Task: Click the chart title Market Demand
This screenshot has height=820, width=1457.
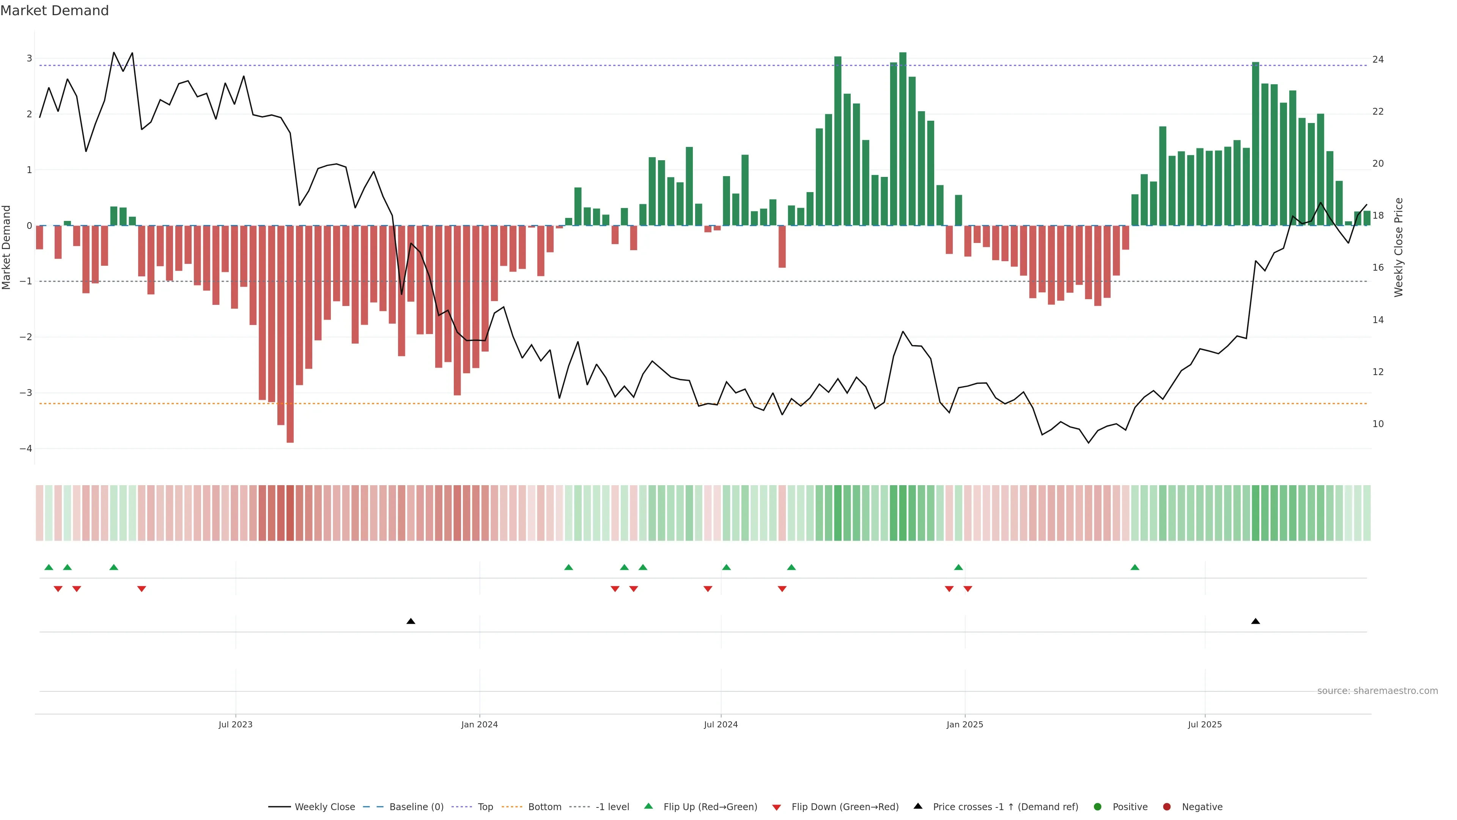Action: (54, 11)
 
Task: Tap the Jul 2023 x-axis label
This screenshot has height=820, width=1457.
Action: (235, 724)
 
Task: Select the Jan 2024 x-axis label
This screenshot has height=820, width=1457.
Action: (479, 724)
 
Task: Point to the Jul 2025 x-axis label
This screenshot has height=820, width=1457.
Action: (1204, 724)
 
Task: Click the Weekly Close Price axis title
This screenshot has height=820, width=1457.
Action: (1398, 247)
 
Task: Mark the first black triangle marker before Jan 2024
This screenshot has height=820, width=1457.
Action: (411, 621)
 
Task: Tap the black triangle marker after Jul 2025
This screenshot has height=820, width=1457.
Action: (1255, 621)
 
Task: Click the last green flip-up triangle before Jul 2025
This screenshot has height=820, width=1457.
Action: (1134, 567)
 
